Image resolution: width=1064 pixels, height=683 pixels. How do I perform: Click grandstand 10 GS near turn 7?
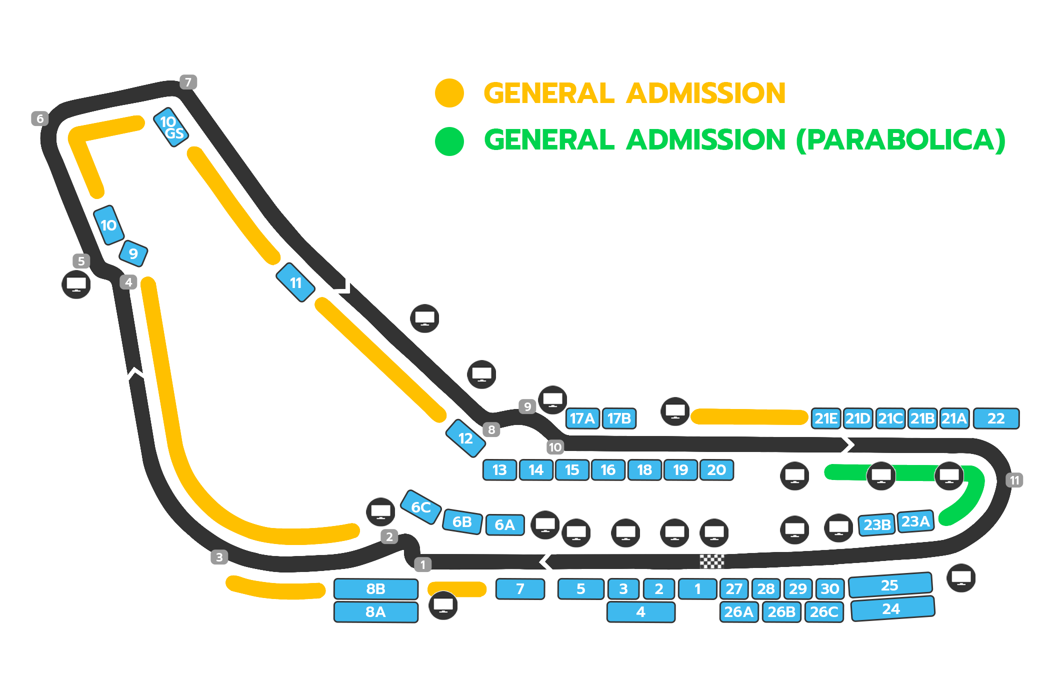point(170,127)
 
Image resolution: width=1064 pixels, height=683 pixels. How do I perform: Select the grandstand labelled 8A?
point(375,612)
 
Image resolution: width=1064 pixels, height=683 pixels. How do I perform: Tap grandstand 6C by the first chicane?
point(421,507)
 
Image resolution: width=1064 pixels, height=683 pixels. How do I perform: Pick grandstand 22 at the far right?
point(996,418)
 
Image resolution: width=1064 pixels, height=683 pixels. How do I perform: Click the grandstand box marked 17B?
point(619,418)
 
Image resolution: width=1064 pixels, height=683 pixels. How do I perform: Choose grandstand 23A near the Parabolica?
point(915,521)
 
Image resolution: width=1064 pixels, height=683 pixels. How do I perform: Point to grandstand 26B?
point(781,612)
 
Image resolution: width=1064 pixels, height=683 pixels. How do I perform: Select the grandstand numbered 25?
point(890,585)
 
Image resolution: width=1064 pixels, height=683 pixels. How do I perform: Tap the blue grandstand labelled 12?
point(465,438)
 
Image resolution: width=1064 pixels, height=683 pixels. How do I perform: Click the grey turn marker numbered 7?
point(188,82)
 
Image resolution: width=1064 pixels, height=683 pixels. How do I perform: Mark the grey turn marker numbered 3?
point(219,557)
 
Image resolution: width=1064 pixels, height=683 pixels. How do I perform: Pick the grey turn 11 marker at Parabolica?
point(1014,480)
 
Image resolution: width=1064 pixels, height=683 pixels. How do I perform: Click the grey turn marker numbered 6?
point(40,119)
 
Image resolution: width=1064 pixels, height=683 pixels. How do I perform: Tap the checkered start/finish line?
point(711,561)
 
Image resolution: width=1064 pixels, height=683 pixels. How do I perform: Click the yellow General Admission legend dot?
point(449,93)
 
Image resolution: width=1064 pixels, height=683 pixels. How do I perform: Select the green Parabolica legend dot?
point(449,141)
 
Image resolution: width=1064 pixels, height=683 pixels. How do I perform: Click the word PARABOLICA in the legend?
point(900,140)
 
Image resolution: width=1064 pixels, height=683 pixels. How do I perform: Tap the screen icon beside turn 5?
point(76,284)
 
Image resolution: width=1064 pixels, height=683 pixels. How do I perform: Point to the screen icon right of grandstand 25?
point(961,578)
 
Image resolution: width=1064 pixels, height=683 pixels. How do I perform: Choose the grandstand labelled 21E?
point(825,418)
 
